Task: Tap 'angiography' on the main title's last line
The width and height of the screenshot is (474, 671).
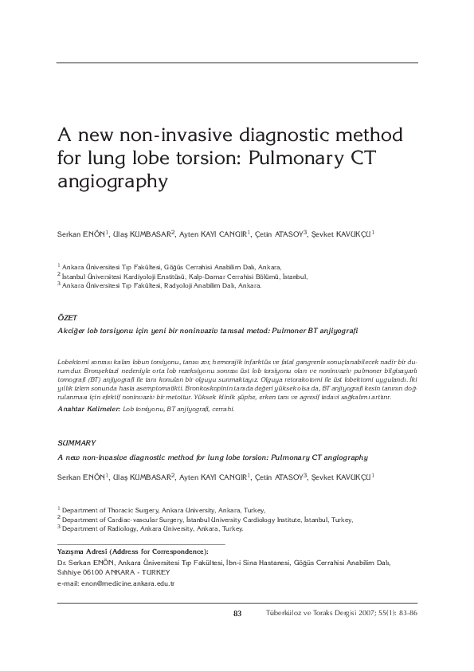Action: tap(113, 180)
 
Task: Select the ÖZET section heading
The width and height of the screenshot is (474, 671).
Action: tap(69, 317)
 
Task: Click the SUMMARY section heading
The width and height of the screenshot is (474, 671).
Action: tap(77, 441)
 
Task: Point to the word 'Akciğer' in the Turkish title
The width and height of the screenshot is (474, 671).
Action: tap(73, 328)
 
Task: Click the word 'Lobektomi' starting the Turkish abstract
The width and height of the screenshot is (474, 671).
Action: tap(77, 361)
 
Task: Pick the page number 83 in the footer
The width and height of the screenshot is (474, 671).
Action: tap(237, 613)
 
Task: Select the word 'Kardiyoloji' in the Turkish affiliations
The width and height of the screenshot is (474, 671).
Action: tap(125, 276)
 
